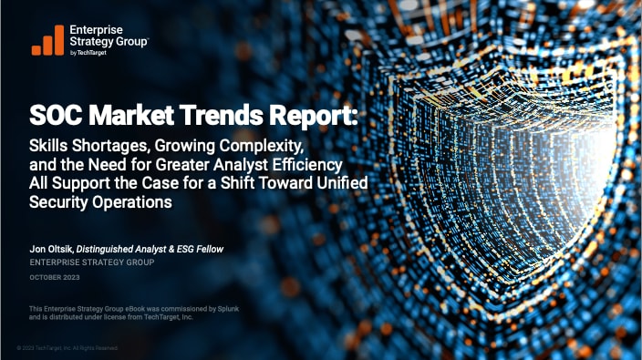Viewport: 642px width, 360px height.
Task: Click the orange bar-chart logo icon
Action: coord(47,39)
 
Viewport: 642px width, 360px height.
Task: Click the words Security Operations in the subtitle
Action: coord(100,204)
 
